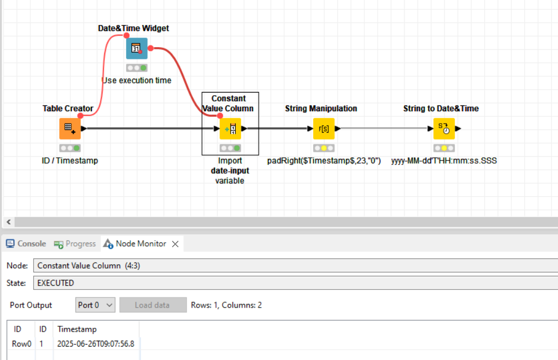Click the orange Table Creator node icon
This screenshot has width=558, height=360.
[x=69, y=128]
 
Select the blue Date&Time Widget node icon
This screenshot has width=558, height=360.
[x=137, y=49]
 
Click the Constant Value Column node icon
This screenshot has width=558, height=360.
[x=230, y=128]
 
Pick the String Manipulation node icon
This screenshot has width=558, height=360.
[x=323, y=128]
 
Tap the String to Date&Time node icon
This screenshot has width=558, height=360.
[x=444, y=128]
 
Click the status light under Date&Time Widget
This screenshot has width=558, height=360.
[x=137, y=67]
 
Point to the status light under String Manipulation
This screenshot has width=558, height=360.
[x=323, y=148]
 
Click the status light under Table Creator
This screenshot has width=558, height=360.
[x=69, y=148]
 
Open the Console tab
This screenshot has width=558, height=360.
[x=26, y=243]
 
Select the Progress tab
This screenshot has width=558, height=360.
[x=75, y=243]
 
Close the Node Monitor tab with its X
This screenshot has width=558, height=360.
[x=175, y=244]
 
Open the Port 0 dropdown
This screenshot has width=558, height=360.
[x=95, y=305]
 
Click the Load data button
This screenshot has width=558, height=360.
[x=153, y=305]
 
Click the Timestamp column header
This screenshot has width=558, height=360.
[x=77, y=329]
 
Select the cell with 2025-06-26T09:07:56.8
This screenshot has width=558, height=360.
[x=96, y=343]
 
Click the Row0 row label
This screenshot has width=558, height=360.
[x=21, y=343]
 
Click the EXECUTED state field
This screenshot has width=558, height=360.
[x=296, y=283]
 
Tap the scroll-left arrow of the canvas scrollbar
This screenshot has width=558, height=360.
[x=9, y=222]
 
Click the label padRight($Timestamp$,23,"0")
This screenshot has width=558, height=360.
[x=324, y=160]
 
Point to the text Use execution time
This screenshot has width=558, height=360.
[x=137, y=80]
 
